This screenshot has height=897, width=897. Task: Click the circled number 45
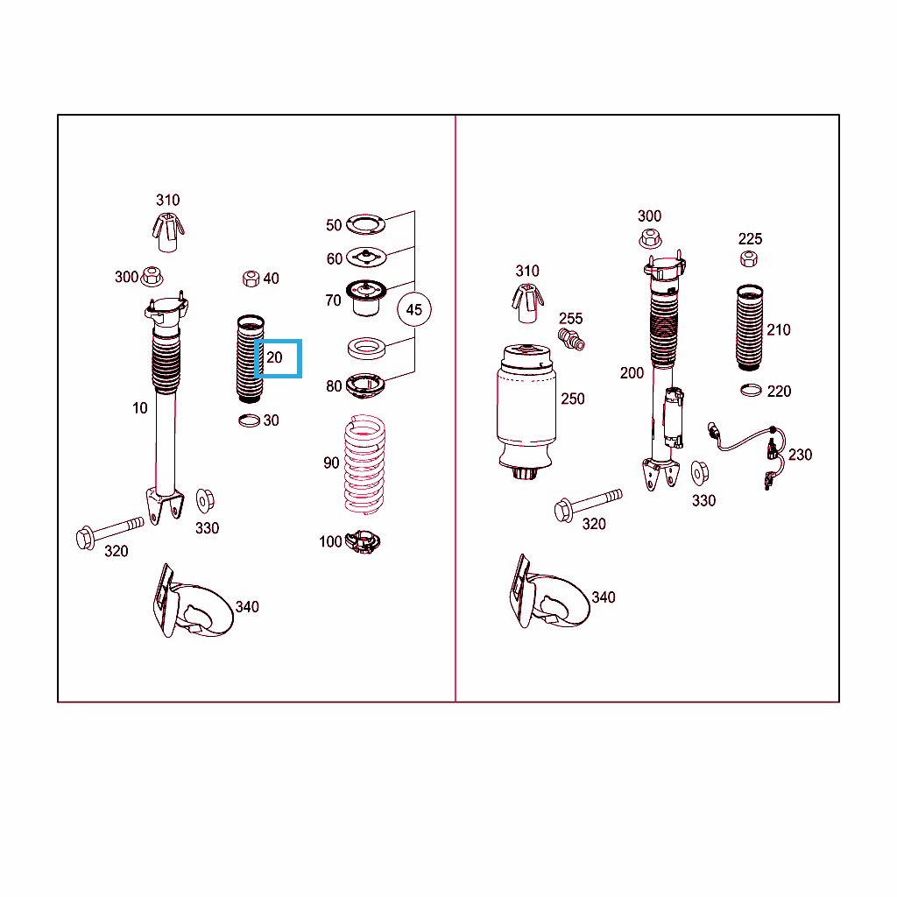click(414, 309)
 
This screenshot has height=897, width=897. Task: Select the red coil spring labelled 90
click(364, 464)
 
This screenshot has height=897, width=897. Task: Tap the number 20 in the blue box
click(274, 357)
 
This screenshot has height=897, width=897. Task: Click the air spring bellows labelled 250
click(526, 412)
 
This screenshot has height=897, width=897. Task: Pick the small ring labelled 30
click(249, 421)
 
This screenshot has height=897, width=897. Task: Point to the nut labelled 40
click(251, 279)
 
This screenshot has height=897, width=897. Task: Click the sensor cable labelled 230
click(746, 453)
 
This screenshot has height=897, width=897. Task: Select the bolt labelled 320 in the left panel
click(109, 532)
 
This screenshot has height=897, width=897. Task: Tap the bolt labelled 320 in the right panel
click(588, 505)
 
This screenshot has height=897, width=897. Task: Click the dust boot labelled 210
click(750, 328)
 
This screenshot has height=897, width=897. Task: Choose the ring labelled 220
click(751, 391)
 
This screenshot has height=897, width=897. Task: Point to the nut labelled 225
click(749, 259)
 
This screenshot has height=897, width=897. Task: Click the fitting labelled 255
click(571, 339)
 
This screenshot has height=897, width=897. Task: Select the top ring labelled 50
click(365, 224)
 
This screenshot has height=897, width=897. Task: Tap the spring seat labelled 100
click(363, 541)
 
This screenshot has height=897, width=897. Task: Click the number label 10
click(139, 408)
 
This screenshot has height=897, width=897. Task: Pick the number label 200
click(632, 373)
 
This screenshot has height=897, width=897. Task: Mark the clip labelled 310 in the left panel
click(167, 232)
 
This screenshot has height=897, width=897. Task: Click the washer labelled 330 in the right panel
click(700, 472)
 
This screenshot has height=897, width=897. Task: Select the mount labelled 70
click(365, 298)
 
